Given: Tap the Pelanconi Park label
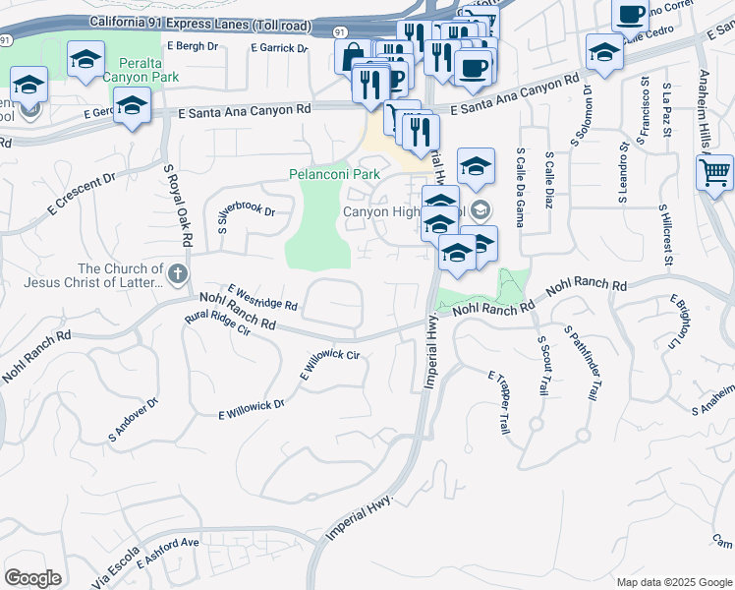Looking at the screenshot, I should [x=334, y=174].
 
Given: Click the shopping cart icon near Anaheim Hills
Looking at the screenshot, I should [x=714, y=174].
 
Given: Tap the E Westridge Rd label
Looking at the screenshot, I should [x=262, y=298].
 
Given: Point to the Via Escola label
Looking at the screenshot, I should [x=113, y=571].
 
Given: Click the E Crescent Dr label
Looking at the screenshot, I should [x=82, y=194].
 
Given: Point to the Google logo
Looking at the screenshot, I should [x=32, y=578].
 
